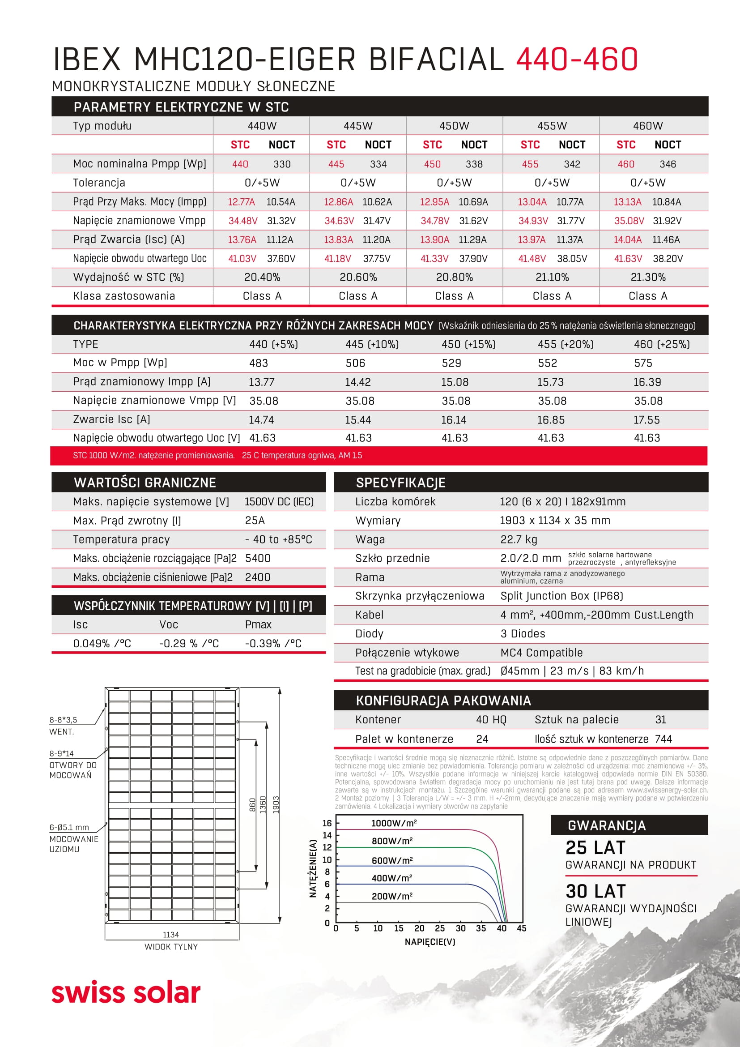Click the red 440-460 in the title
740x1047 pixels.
(576, 59)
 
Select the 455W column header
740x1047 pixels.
(552, 126)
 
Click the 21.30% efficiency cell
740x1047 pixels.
(648, 277)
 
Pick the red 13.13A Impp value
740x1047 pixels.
(627, 202)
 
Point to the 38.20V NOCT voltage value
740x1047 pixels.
(668, 259)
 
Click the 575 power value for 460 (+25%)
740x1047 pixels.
(643, 363)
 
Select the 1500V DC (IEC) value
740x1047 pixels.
(279, 502)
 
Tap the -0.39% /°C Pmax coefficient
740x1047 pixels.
(273, 643)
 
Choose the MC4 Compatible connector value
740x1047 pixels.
(541, 653)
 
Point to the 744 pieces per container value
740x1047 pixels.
(663, 739)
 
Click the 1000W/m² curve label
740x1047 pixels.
(394, 823)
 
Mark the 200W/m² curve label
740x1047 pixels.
(392, 896)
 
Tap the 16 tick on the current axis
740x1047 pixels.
(327, 823)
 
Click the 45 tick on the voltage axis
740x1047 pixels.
(522, 928)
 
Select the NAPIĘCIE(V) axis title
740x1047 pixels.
(430, 942)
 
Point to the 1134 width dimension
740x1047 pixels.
(171, 934)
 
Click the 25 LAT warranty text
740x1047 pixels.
(595, 848)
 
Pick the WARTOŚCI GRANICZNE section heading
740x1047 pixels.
(145, 483)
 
